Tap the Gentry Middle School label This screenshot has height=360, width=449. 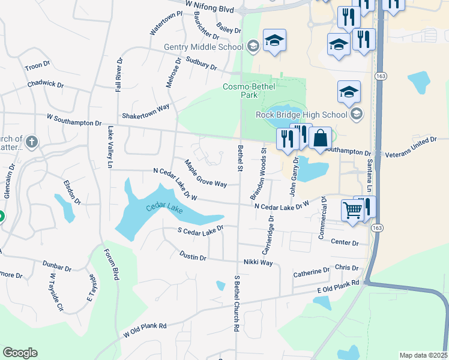tap(204, 47)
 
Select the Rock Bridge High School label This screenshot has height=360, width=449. tap(301, 115)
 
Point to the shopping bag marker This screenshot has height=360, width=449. tap(321, 137)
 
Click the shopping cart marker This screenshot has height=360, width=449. tap(352, 209)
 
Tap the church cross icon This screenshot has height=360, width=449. tap(32, 143)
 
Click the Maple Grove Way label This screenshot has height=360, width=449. tap(205, 173)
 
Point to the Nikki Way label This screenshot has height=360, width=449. tap(258, 263)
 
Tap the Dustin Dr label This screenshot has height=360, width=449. tap(193, 256)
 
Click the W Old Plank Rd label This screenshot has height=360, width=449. tap(145, 329)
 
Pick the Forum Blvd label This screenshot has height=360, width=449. tap(112, 265)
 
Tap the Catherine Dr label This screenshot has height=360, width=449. tap(311, 272)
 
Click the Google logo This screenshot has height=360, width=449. tap(20, 353)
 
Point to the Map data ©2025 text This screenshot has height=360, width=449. tap(423, 355)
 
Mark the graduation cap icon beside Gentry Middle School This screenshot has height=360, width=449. tap(253, 46)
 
